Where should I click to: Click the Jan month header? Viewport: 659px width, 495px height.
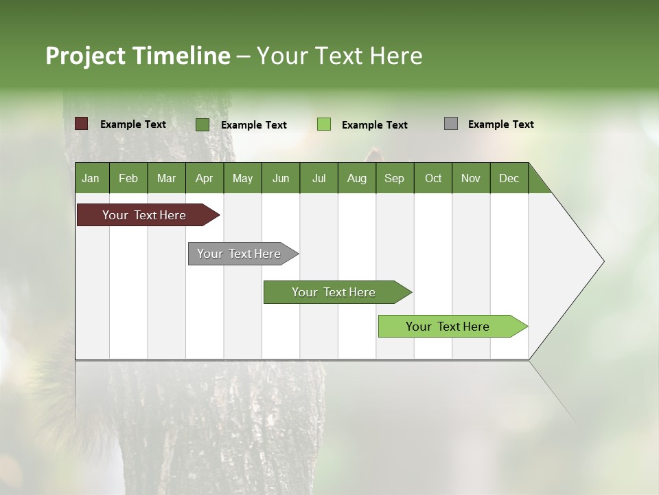91,178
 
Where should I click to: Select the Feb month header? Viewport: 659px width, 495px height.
128,178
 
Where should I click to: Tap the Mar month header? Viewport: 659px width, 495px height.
166,178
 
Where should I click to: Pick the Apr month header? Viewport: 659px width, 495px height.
205,178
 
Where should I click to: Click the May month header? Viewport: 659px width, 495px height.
242,178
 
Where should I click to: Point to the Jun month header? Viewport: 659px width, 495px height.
281,178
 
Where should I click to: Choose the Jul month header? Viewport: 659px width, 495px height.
319,178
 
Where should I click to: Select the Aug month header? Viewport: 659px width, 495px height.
357,178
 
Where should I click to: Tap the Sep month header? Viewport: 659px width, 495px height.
395,178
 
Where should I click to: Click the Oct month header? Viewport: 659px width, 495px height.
433,178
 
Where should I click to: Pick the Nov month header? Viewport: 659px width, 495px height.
471,178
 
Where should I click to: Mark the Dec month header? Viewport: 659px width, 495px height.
509,178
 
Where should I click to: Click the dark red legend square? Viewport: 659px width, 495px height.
82,124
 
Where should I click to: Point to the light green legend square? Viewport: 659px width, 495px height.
324,124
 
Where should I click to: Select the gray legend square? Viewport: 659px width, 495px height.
451,124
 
